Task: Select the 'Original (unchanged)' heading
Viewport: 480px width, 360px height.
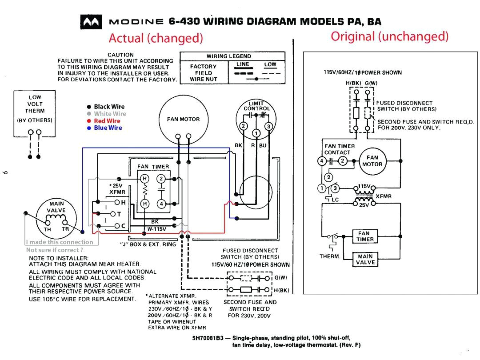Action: (x=389, y=36)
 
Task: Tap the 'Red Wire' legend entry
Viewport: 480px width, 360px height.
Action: (x=107, y=121)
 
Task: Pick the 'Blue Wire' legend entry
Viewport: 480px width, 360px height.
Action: (x=108, y=128)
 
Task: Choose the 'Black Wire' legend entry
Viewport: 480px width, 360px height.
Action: (x=109, y=107)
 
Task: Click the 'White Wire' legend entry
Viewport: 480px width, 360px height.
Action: (x=110, y=114)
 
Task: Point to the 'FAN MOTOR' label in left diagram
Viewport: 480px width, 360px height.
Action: (x=183, y=119)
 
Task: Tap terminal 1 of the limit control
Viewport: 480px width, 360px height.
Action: (x=256, y=134)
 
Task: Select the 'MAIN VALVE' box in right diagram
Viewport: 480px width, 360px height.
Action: (x=365, y=259)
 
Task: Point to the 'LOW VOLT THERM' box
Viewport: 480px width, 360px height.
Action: (x=35, y=108)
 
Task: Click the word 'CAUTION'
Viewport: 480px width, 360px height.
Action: (x=120, y=55)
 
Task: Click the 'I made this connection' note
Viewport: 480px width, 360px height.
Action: (x=59, y=242)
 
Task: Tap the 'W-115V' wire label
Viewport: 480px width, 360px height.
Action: (x=157, y=229)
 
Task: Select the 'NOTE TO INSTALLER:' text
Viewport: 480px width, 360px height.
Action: (x=59, y=258)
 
